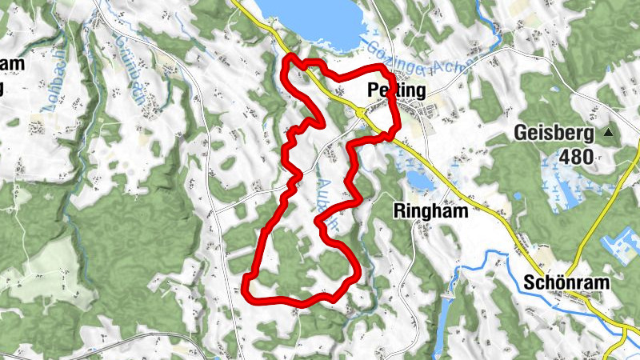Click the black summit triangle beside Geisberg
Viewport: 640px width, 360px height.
pyautogui.click(x=610, y=131)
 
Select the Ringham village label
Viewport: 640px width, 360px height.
pyautogui.click(x=430, y=210)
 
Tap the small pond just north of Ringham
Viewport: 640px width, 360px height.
pyautogui.click(x=421, y=181)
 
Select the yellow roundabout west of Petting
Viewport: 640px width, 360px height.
pyautogui.click(x=362, y=113)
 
